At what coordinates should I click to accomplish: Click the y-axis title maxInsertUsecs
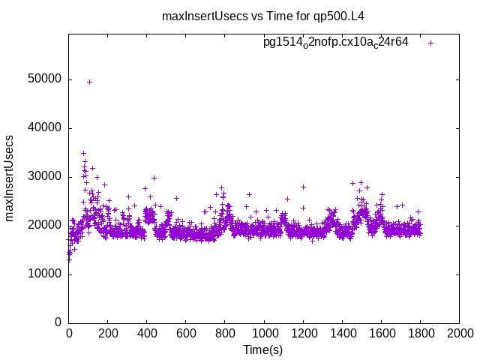click(x=10, y=178)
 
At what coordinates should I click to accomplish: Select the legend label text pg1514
click(x=335, y=43)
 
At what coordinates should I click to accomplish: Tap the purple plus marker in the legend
click(x=430, y=43)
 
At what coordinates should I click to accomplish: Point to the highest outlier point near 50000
click(x=89, y=82)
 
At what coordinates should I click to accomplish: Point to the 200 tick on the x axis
click(x=108, y=333)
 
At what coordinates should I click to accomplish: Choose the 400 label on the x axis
click(x=147, y=333)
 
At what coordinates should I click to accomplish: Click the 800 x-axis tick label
click(x=225, y=333)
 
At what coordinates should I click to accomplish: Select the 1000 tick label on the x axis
click(x=264, y=333)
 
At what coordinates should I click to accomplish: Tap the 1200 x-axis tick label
click(x=303, y=333)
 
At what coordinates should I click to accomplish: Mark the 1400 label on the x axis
click(x=342, y=333)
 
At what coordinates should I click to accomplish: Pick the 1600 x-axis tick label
click(x=381, y=333)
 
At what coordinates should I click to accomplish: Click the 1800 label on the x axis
click(x=420, y=333)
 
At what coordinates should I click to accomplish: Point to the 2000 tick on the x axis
click(x=459, y=333)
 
